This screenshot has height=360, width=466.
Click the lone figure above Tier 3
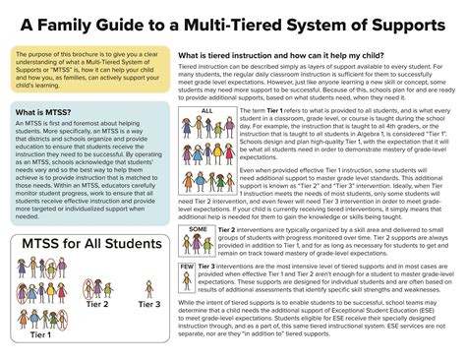(149, 288)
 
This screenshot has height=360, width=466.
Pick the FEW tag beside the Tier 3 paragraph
(187, 267)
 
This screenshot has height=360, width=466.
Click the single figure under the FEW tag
(188, 282)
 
